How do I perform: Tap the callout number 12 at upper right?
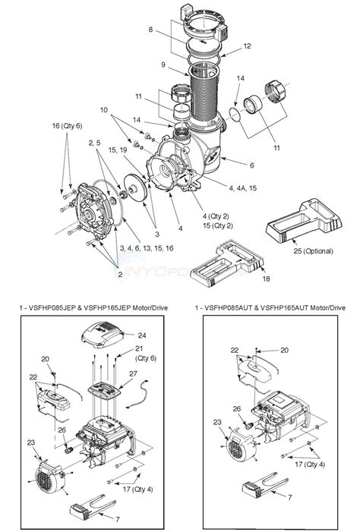click(x=246, y=46)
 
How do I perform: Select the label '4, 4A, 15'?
click(x=241, y=186)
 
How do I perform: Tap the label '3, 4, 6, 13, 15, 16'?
click(x=146, y=249)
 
